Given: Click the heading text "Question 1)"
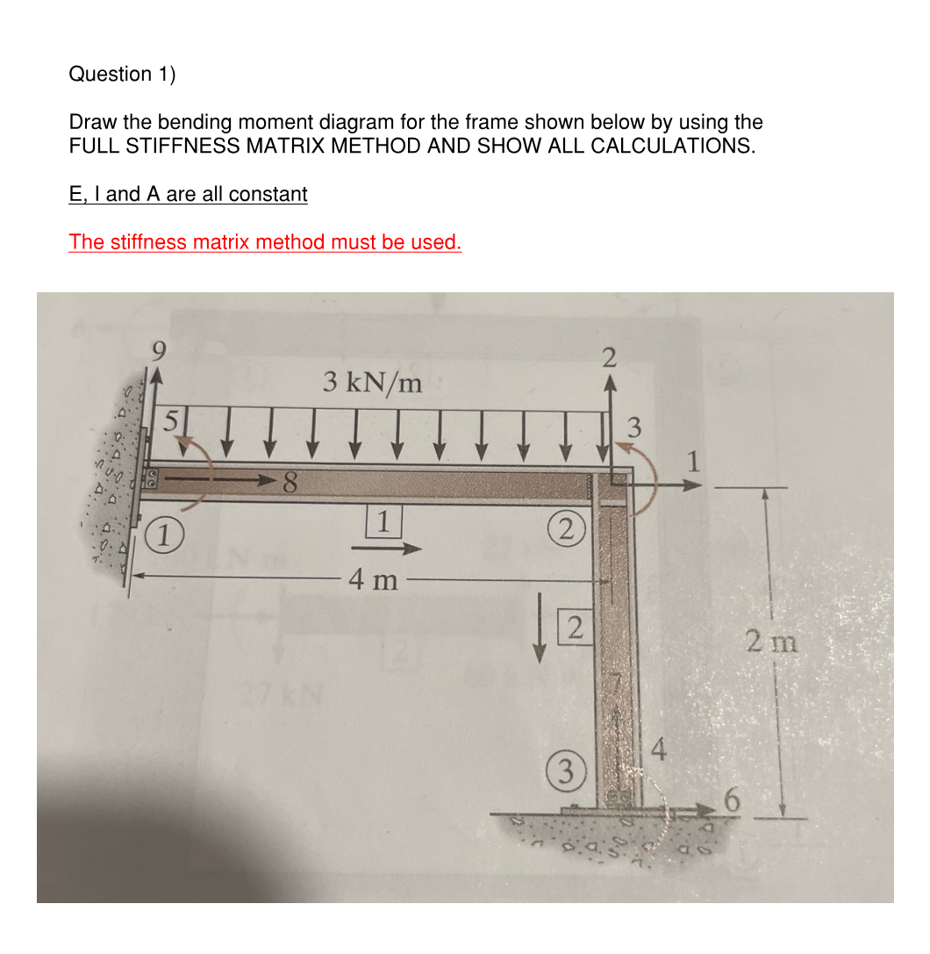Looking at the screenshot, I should point(122,74).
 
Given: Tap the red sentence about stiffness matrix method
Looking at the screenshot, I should point(265,241).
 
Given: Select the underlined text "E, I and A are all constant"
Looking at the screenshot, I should point(188,194).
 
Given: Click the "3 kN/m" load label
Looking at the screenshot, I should point(372,382).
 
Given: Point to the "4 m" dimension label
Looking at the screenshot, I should point(372,579).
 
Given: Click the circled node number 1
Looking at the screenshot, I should point(162,534).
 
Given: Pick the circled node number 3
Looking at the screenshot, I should point(569,772).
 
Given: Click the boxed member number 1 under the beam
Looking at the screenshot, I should point(383,520).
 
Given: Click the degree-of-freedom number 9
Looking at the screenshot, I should point(158,354).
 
